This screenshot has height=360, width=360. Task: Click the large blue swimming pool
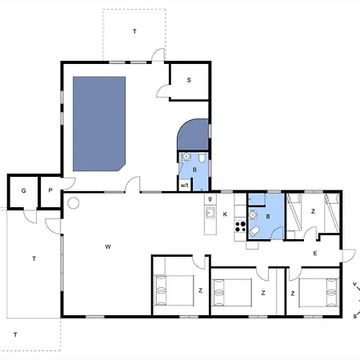(99, 124)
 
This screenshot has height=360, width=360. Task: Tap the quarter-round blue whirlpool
(193, 134)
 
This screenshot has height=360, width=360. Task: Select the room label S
(189, 80)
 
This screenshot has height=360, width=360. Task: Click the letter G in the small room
(23, 190)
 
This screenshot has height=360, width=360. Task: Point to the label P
(50, 190)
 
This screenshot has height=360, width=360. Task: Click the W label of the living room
(108, 247)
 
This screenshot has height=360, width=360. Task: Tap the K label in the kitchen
(225, 214)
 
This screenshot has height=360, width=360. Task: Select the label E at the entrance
(315, 254)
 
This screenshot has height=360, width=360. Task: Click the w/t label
(185, 186)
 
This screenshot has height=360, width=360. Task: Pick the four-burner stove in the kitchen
(240, 226)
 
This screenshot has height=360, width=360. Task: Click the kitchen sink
(210, 213)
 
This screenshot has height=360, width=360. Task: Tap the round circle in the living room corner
(74, 203)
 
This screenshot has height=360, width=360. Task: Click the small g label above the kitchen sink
(210, 198)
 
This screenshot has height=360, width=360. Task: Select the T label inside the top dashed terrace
(134, 31)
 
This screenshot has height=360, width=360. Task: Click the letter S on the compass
(355, 317)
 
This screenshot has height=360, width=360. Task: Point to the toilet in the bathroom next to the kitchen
(254, 231)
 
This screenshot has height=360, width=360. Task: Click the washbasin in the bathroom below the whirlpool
(186, 157)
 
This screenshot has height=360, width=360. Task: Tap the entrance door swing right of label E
(349, 255)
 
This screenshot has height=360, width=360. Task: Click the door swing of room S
(163, 90)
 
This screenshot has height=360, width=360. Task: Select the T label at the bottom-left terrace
(15, 334)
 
